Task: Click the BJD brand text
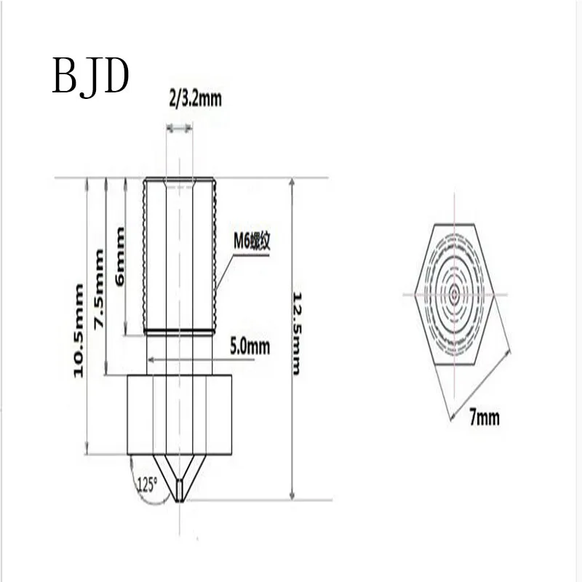[90, 76]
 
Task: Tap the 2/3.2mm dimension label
[195, 98]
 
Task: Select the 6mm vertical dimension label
[120, 256]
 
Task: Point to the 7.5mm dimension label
[99, 288]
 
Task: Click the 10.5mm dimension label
[79, 330]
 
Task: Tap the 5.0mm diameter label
[250, 347]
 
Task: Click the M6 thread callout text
[252, 242]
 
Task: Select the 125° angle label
[148, 485]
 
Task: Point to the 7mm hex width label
[485, 417]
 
